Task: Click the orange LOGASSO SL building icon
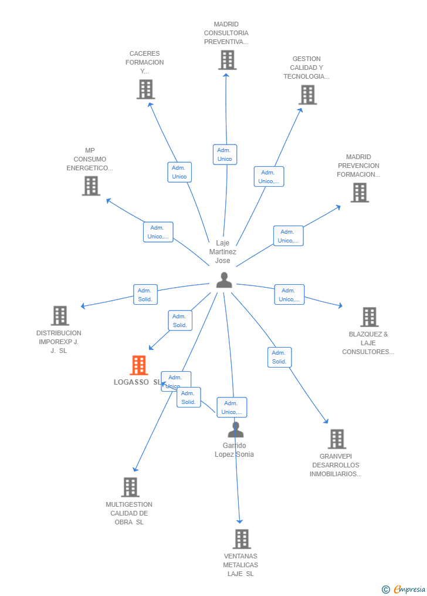tap(139, 365)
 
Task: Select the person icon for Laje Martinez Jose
tap(224, 280)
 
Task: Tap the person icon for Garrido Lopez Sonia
tap(236, 430)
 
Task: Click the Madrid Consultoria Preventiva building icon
tap(227, 60)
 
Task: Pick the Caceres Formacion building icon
tap(145, 89)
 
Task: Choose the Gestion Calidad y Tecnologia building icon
tap(307, 95)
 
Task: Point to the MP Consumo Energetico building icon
tap(91, 186)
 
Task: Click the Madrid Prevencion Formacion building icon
tap(360, 193)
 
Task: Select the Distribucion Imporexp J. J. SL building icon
tap(60, 316)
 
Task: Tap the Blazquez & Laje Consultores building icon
tap(369, 317)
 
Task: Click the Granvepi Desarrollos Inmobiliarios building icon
tap(337, 439)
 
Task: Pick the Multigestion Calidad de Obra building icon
tap(130, 487)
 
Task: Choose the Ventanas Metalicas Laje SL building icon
tap(242, 538)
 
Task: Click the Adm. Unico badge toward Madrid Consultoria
tap(225, 154)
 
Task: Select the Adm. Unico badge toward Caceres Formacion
tap(179, 172)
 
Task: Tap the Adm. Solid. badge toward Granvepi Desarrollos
tap(279, 357)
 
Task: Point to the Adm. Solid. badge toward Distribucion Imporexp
tap(145, 295)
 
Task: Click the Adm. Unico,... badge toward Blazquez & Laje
tap(289, 295)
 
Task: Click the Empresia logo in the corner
tap(405, 589)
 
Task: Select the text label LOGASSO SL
tap(137, 382)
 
